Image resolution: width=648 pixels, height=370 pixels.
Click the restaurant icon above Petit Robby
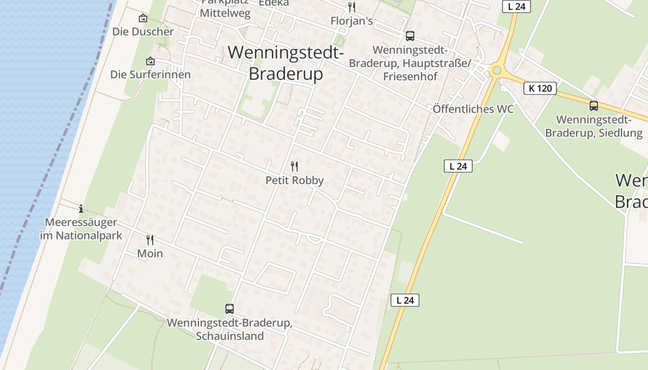(x=294, y=166)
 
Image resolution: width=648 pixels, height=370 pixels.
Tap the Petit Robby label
(x=294, y=180)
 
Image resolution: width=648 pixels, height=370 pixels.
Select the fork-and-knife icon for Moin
(x=150, y=240)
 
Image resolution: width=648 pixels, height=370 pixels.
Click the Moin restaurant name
(x=150, y=253)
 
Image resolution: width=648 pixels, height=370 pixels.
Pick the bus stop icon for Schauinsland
(x=229, y=308)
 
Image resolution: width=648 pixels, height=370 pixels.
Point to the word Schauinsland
(x=230, y=336)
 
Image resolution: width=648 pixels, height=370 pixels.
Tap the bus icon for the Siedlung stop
(x=594, y=105)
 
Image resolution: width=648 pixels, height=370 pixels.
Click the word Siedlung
(x=620, y=133)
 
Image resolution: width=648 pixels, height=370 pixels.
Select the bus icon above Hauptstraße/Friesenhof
(x=410, y=36)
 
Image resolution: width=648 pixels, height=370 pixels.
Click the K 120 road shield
(x=540, y=88)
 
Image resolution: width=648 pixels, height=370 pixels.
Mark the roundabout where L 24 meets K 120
(x=497, y=70)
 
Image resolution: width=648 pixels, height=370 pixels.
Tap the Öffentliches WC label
(x=473, y=109)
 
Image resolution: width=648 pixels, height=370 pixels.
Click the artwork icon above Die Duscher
(x=143, y=18)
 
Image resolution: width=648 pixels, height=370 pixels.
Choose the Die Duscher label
(x=143, y=32)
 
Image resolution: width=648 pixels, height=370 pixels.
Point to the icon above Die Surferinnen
(x=150, y=61)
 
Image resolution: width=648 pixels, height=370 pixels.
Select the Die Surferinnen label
(x=150, y=74)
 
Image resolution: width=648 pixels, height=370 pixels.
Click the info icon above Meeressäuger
(x=81, y=209)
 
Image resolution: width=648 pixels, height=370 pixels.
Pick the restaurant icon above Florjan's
(x=352, y=7)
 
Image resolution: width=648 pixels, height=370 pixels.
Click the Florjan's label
(x=352, y=21)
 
